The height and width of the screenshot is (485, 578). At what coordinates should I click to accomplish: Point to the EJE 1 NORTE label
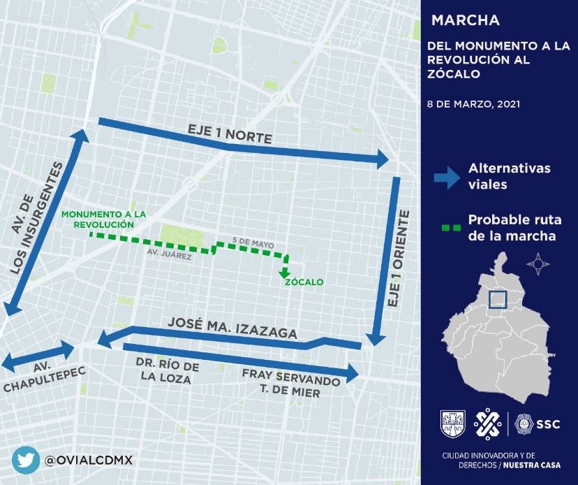[229, 134]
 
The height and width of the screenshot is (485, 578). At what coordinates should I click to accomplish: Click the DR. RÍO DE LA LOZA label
[167, 373]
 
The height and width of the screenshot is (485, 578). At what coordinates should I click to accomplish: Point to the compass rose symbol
[538, 263]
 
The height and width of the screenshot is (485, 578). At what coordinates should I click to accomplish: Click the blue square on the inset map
[497, 299]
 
